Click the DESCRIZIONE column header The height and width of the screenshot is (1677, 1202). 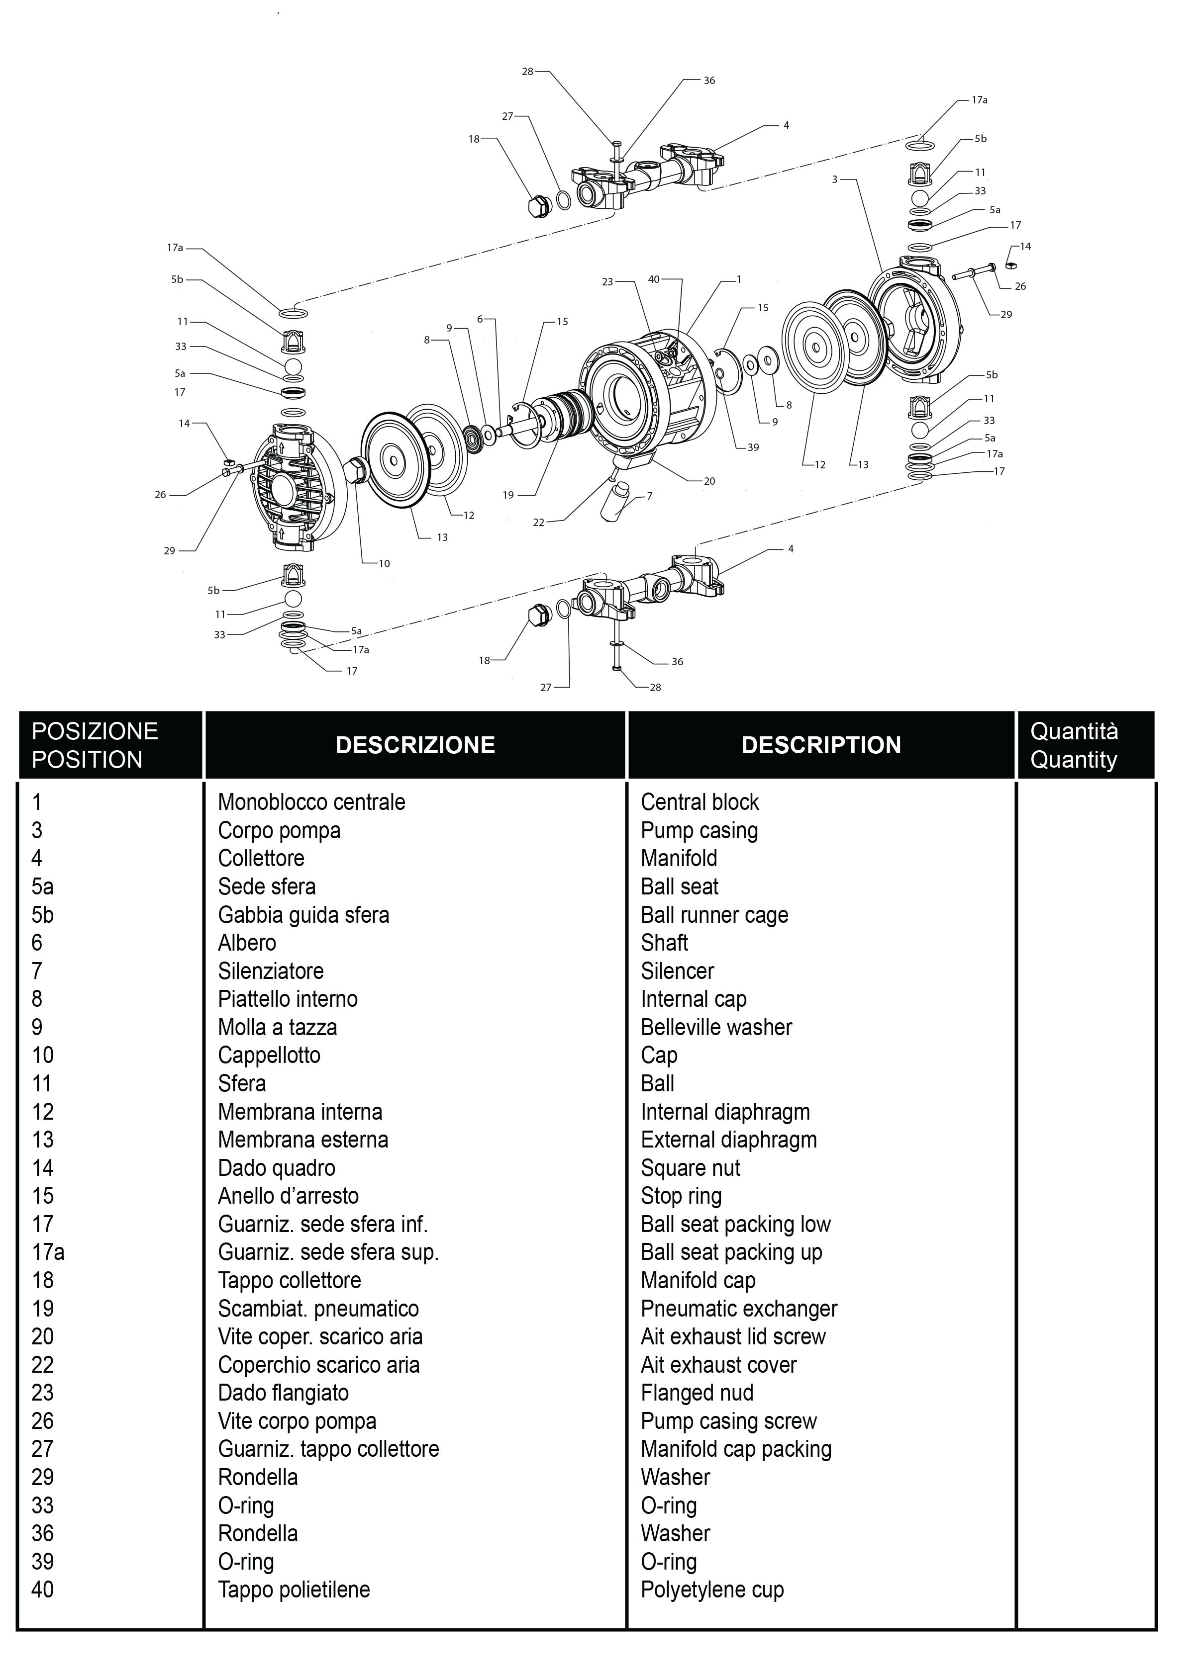[x=415, y=745]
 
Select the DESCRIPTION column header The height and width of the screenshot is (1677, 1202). [x=821, y=745]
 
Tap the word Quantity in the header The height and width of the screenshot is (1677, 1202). [x=1073, y=759]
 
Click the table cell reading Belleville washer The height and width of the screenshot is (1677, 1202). [x=716, y=1027]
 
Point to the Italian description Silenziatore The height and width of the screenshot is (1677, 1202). [x=271, y=971]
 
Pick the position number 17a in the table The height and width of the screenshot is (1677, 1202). [x=48, y=1252]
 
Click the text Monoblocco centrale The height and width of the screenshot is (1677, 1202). [x=311, y=802]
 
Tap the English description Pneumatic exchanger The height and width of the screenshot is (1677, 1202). [x=739, y=1308]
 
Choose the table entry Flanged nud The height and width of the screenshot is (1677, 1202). [x=697, y=1392]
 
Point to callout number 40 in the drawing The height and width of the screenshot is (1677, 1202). [x=654, y=279]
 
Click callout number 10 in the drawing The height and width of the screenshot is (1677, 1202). [x=384, y=563]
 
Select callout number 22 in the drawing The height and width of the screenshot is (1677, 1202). [x=538, y=523]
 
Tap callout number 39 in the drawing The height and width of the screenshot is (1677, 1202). [x=753, y=447]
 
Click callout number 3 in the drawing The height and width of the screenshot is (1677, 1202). [x=834, y=179]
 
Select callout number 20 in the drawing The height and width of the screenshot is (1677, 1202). [x=709, y=481]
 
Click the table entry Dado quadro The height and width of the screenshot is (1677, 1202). [x=277, y=1167]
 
